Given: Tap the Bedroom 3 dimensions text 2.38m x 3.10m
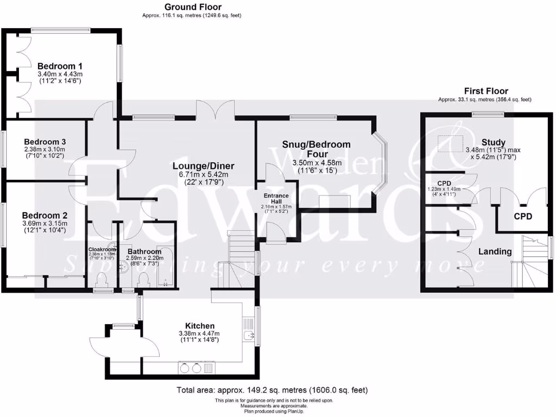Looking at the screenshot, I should [45, 149].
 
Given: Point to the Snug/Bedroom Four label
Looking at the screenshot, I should [316, 149].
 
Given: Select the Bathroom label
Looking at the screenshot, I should [144, 252].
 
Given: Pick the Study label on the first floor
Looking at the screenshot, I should [478, 142].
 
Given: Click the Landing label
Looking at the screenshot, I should [495, 251].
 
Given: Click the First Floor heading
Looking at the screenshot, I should [485, 91].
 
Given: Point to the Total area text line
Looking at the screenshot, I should [272, 389].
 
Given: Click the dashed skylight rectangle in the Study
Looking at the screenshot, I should [450, 143].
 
